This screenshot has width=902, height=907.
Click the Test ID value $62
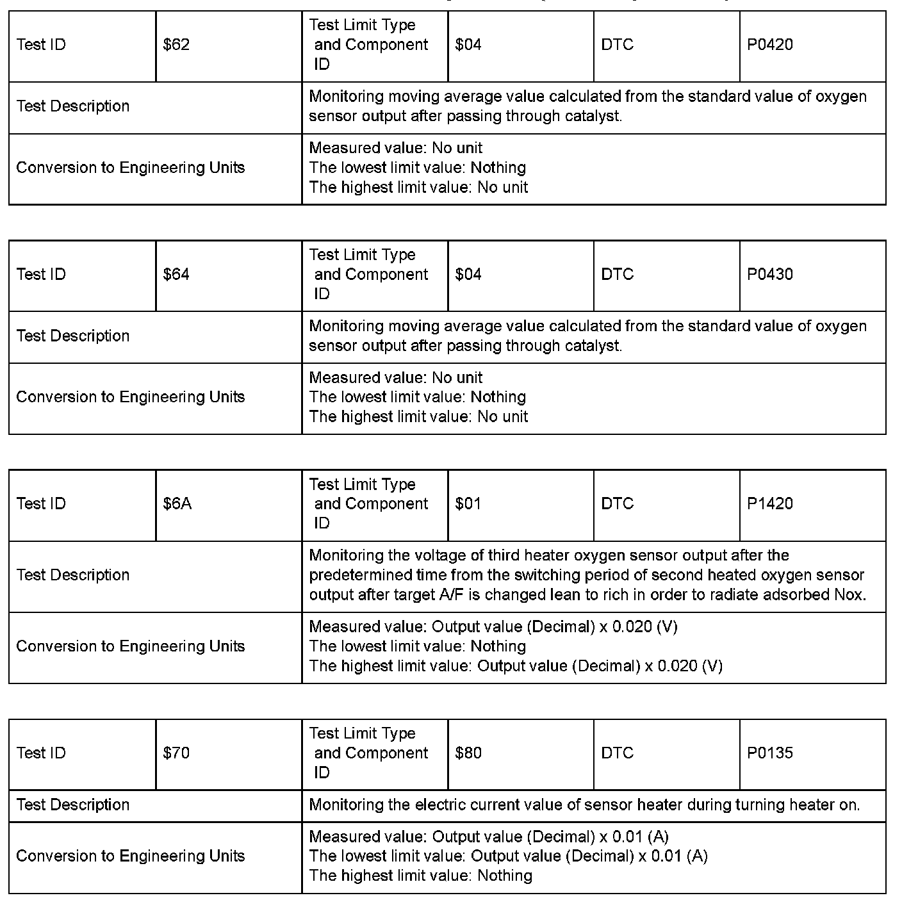click(176, 45)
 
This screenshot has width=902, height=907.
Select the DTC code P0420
click(769, 45)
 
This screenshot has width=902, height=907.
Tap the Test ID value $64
click(176, 275)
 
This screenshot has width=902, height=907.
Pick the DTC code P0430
click(769, 275)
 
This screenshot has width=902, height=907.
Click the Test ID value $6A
click(177, 504)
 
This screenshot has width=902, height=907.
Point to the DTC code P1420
click(769, 504)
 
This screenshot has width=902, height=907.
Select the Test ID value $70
click(176, 753)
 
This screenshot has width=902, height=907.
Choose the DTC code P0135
click(769, 753)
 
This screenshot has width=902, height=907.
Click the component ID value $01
click(468, 504)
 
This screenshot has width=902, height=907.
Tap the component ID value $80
click(468, 753)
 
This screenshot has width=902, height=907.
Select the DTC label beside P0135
click(617, 753)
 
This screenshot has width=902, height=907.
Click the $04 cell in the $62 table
click(468, 45)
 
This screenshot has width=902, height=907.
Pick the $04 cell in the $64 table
click(468, 275)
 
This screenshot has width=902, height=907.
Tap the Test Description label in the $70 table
click(73, 805)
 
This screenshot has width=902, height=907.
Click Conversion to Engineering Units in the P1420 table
click(130, 646)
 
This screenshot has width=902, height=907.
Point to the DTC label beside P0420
click(617, 45)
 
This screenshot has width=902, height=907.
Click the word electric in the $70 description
click(445, 805)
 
